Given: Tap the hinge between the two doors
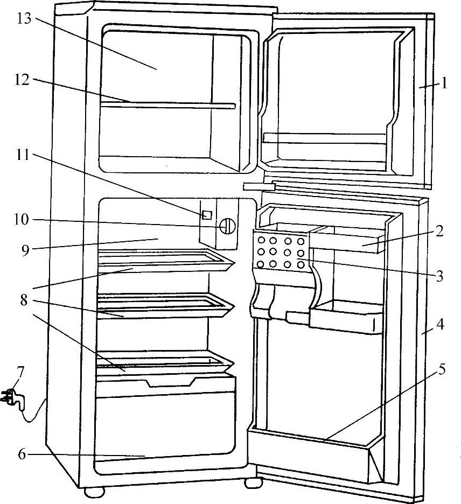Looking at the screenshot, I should click(259, 186).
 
